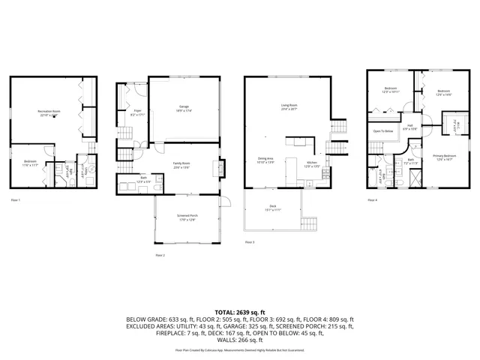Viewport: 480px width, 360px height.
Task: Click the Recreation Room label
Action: pos(49,112)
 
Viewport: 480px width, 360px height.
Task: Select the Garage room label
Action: pos(183,108)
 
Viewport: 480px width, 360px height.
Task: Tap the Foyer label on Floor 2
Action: pos(127,112)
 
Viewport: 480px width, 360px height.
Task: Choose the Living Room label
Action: pos(289,106)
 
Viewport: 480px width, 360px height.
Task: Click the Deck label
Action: pos(272,208)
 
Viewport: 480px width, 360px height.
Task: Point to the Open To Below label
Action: pos(383,131)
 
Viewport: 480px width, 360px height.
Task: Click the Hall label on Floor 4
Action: pos(409,127)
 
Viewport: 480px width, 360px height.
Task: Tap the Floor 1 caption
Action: pos(15,200)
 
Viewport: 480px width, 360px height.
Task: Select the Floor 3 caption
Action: pos(250,242)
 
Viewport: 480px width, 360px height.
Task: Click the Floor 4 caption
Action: pos(372,200)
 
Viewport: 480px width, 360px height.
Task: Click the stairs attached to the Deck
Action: pos(308,223)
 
